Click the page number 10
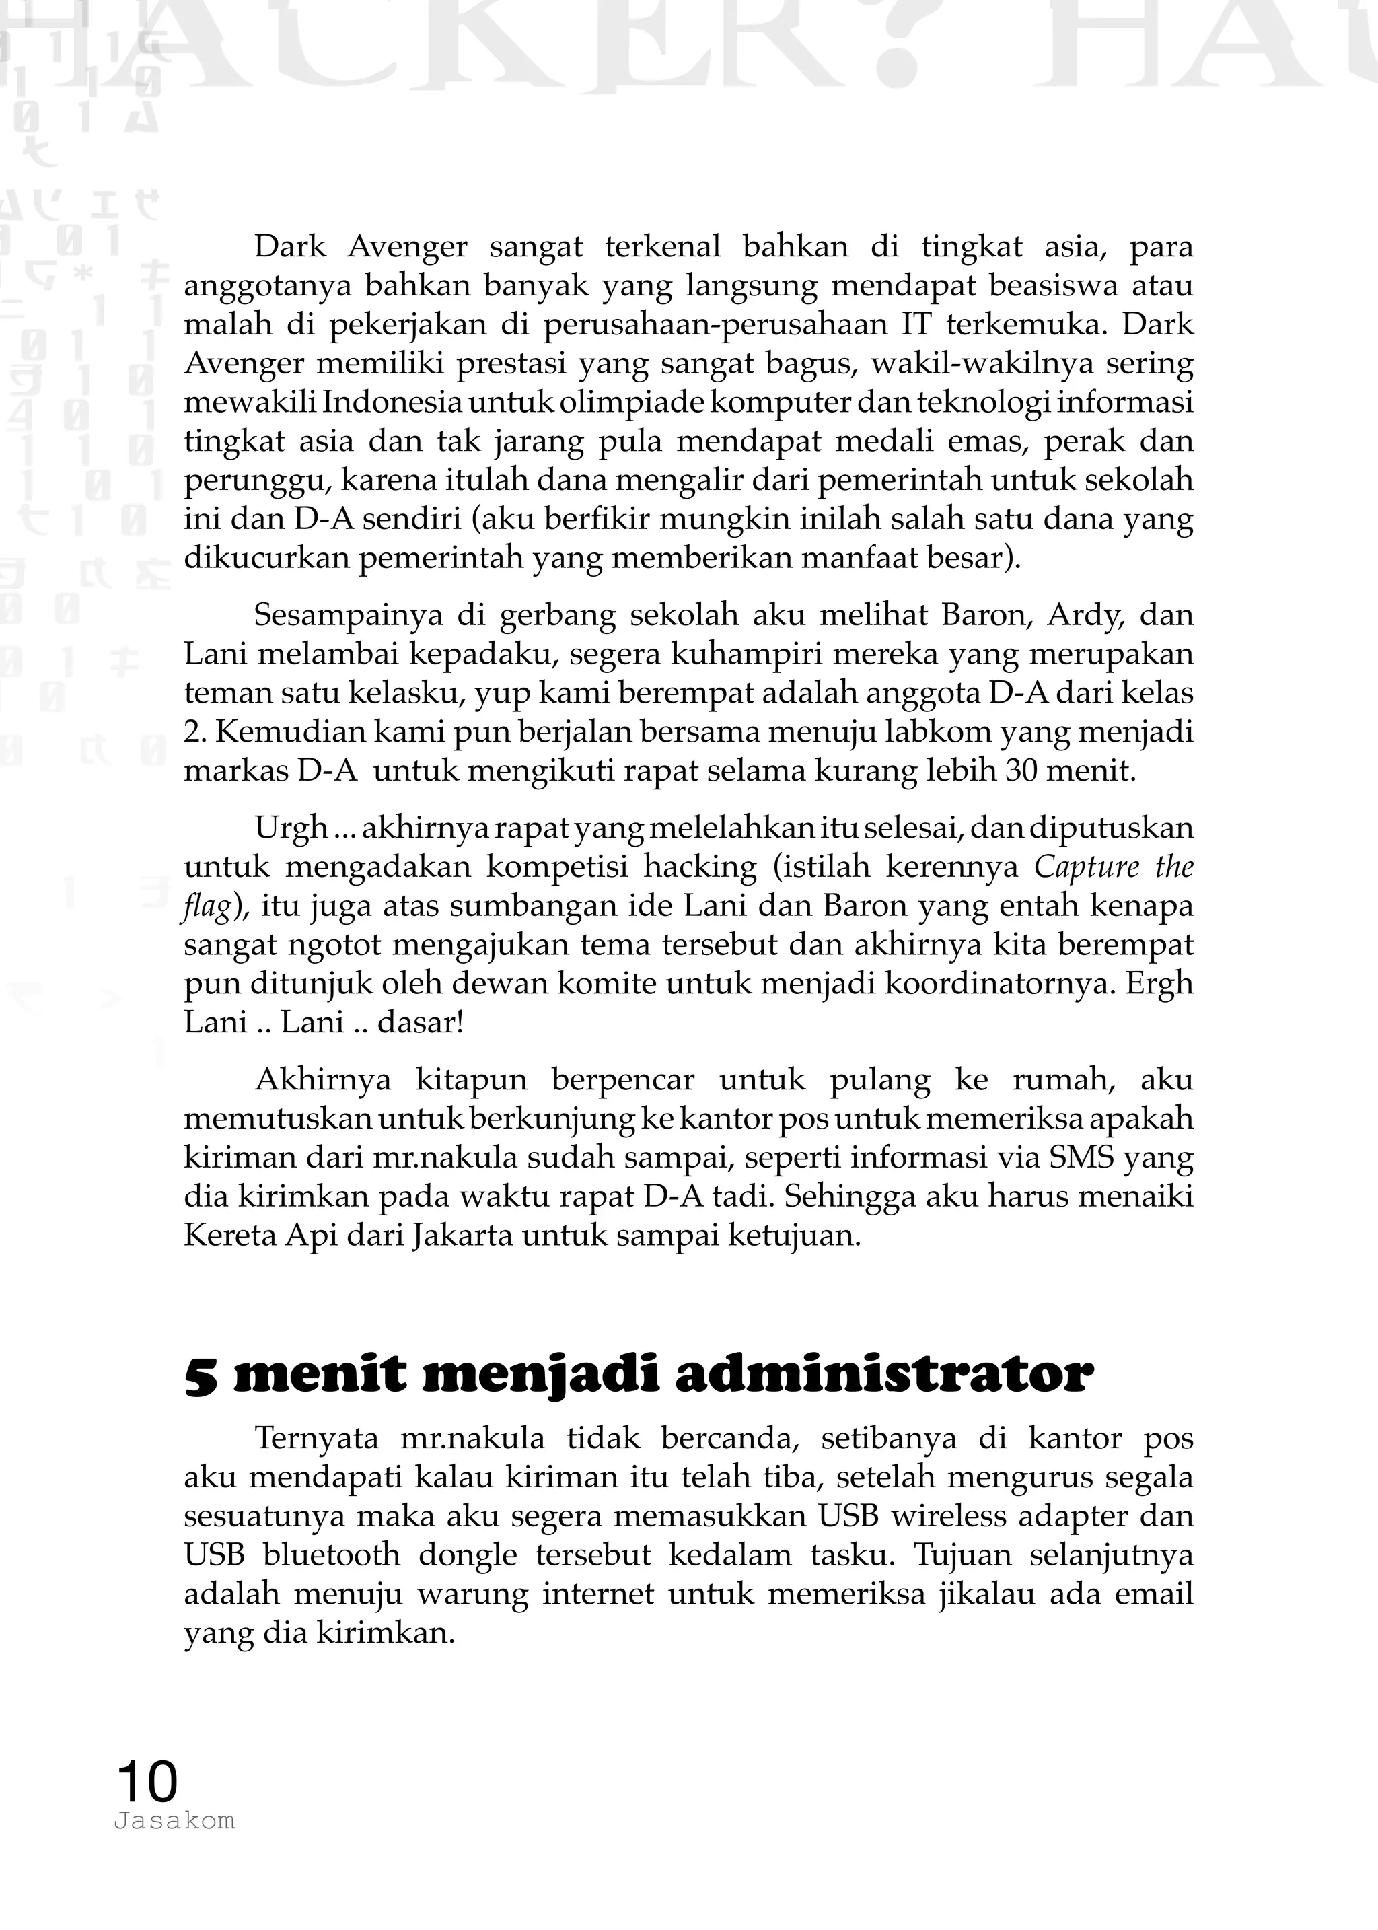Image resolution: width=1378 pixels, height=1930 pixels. point(147,1781)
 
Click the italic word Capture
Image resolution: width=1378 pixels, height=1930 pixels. point(1086,867)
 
